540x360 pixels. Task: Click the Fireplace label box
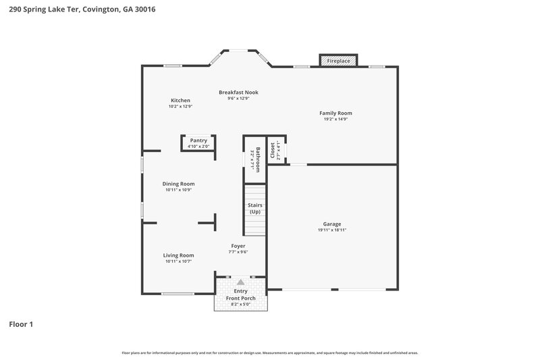pos(338,61)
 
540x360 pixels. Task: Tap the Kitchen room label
pos(180,100)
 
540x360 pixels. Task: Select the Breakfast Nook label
pos(238,93)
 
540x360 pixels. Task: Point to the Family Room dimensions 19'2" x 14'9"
pos(335,120)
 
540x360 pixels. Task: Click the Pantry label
pos(198,140)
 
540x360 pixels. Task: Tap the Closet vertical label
pos(273,150)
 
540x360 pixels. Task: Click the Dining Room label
pos(178,184)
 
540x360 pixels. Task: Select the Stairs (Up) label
pos(255,208)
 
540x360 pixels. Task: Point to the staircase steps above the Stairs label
pos(255,192)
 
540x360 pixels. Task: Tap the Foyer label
pos(238,246)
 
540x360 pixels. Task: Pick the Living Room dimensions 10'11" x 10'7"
pos(178,261)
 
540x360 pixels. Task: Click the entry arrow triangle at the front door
pos(240,282)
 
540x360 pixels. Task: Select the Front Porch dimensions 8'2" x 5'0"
pos(241,305)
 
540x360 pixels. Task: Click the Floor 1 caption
pos(21,324)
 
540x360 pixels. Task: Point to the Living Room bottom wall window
pos(178,293)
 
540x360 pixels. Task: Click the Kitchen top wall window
pos(173,66)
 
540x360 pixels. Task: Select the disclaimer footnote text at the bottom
pos(269,353)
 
